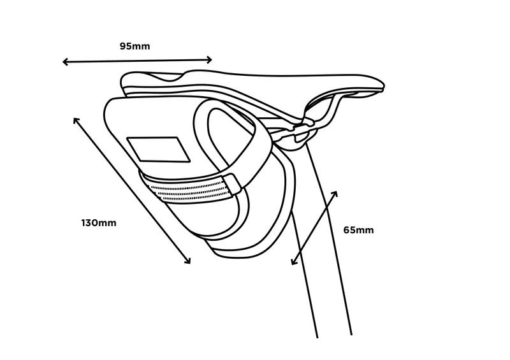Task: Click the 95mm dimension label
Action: (x=135, y=46)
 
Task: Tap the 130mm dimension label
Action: (x=99, y=223)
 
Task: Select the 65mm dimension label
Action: (x=358, y=230)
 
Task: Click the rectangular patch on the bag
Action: (x=158, y=149)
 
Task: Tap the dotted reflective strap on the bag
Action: (x=189, y=190)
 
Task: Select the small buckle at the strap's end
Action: (x=233, y=184)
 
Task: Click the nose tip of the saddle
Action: (x=384, y=87)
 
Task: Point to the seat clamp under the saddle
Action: (x=301, y=132)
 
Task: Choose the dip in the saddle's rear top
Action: (x=168, y=76)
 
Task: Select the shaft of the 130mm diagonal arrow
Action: (x=132, y=191)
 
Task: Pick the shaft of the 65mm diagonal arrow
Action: (x=314, y=228)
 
